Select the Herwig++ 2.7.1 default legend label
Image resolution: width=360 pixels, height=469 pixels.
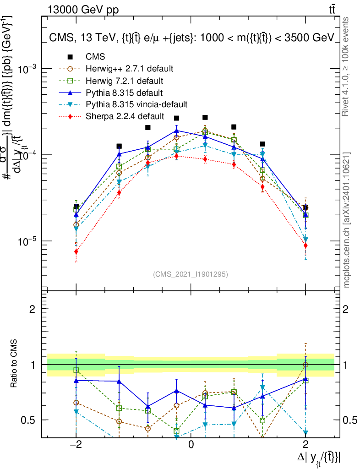pyautogui.click(x=129, y=69)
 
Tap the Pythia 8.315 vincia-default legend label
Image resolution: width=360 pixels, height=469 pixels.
pyautogui.click(x=136, y=105)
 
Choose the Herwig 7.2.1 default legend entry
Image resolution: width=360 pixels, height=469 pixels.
pyautogui.click(x=125, y=81)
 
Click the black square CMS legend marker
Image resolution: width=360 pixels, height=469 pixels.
pyautogui.click(x=70, y=57)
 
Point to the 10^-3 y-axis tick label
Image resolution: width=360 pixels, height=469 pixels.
pyautogui.click(x=28, y=69)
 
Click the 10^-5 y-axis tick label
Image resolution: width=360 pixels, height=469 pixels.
pyautogui.click(x=28, y=241)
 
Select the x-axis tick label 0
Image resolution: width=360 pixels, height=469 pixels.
pyautogui.click(x=191, y=445)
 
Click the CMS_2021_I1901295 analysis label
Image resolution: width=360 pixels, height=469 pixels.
pyautogui.click(x=191, y=274)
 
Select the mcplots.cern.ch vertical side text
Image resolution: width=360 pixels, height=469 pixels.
pyautogui.click(x=347, y=219)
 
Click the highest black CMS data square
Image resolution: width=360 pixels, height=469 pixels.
pyautogui.click(x=205, y=117)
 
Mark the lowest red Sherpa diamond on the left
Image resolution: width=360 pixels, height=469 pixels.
pyautogui.click(x=76, y=251)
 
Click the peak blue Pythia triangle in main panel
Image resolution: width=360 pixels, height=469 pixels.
pyautogui.click(x=176, y=131)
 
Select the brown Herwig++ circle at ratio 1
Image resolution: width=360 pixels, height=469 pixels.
pyautogui.click(x=305, y=365)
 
